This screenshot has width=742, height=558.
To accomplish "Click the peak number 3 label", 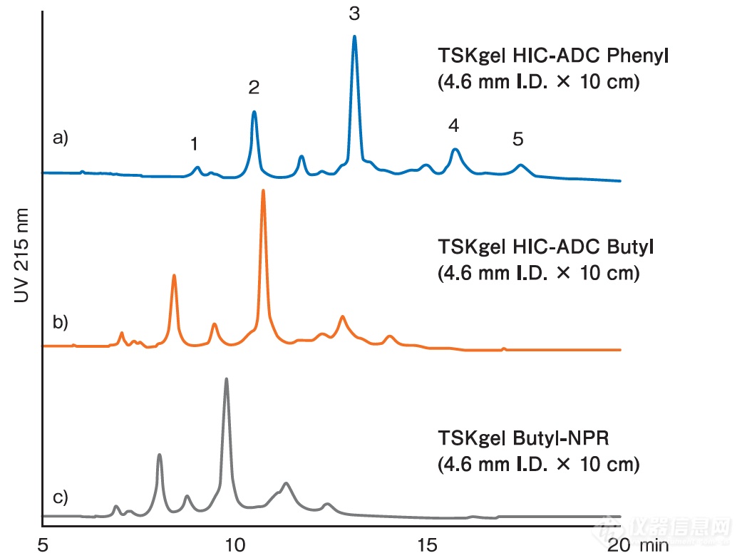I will pos(354,14).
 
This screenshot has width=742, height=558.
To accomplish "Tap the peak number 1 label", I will pos(194,145).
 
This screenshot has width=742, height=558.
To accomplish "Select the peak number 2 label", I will pos(254,88).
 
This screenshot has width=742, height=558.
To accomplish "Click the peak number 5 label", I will pos(518,140).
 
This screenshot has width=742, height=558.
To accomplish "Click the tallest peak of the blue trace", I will pos(354,38).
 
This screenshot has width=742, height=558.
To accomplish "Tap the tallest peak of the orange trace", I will pos(263,192).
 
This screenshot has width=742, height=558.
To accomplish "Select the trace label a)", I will pos(61,138).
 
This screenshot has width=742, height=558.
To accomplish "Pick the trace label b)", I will pos(61,322).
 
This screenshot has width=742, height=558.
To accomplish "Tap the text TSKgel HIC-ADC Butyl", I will pos(545,247).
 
